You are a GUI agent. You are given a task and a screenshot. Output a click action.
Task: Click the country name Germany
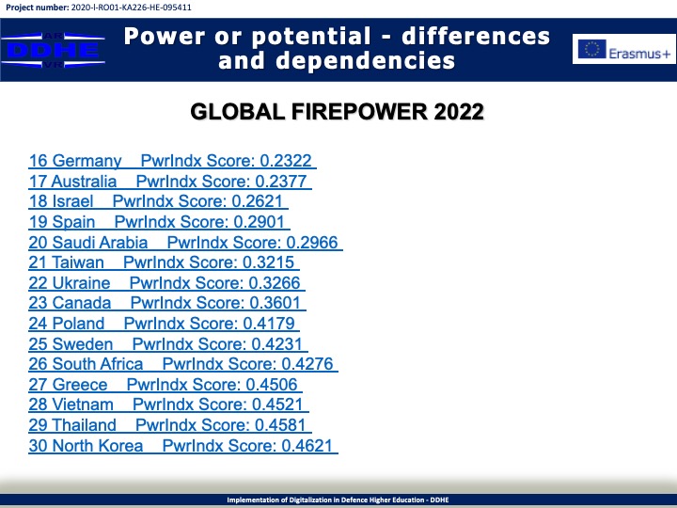pos(87,161)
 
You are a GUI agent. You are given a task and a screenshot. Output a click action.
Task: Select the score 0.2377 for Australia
pos(280,182)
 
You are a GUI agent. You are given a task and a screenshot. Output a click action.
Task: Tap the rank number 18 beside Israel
pos(38,201)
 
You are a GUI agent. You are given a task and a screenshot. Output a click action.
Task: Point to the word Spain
pos(73,222)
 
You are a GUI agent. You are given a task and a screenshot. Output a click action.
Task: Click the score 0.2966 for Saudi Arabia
pos(312,243)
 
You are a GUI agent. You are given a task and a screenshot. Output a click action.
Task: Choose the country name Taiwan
pos(78,262)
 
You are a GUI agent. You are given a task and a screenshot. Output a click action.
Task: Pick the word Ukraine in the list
pos(81,283)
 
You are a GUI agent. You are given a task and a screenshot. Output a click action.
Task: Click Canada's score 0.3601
pos(275,303)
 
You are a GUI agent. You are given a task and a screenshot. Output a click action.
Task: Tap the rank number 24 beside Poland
pos(38,324)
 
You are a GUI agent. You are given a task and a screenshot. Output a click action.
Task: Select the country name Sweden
pos(83,344)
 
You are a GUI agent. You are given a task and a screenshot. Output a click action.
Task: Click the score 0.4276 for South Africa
pos(307,364)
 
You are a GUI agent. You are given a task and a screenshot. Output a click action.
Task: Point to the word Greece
pos(80,385)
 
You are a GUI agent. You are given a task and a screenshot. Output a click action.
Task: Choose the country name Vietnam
pos(83,405)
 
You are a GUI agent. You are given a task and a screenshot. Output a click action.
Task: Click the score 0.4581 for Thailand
pos(280,425)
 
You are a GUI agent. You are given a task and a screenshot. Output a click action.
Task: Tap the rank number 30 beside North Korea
pos(38,446)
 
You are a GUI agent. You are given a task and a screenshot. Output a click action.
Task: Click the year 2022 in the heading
pos(459,112)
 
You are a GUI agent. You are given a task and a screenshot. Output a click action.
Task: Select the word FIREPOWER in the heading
pos(359,112)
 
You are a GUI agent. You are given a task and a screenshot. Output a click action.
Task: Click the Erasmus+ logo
pos(624,49)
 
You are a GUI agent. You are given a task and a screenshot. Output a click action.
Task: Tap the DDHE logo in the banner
pos(53,50)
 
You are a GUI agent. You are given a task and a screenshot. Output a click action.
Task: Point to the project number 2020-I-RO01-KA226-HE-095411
pos(131,8)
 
